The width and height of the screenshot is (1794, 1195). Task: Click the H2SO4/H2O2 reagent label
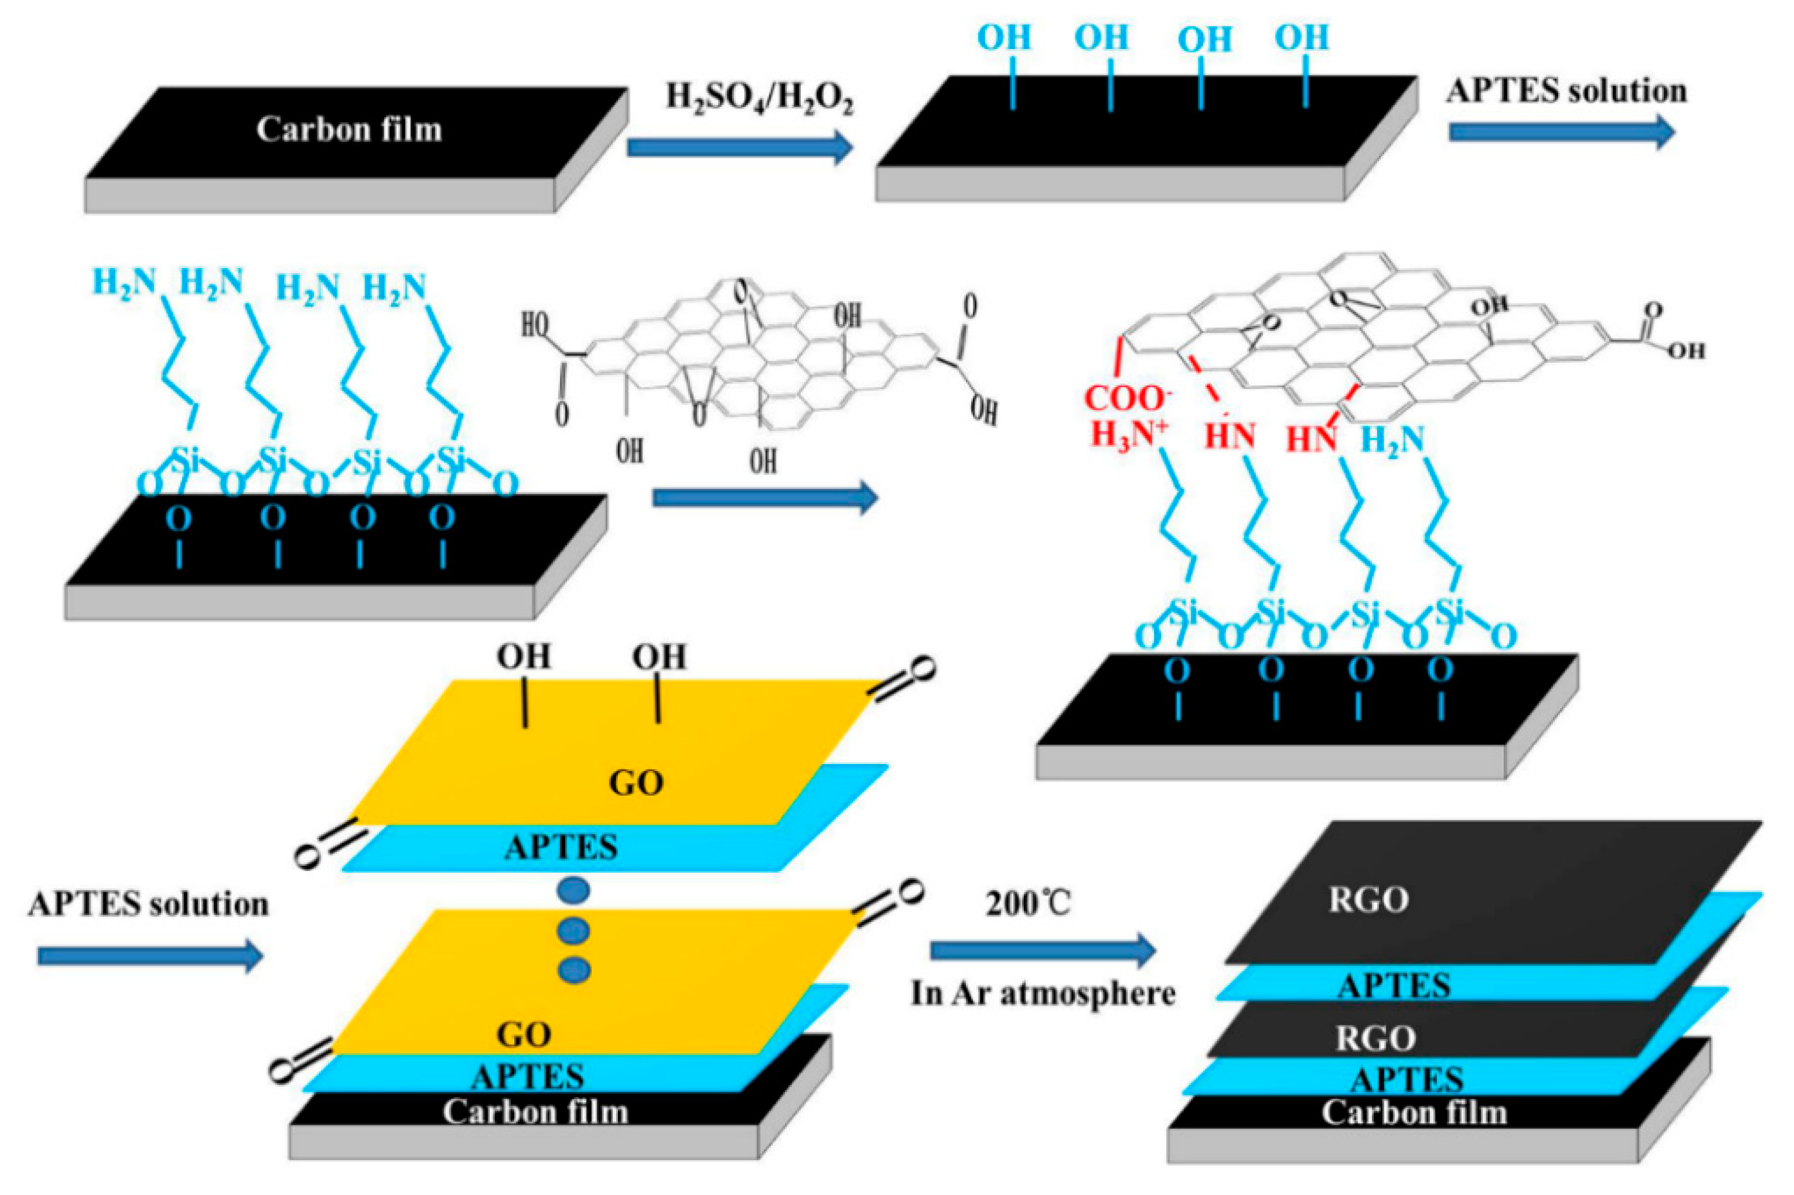(x=759, y=100)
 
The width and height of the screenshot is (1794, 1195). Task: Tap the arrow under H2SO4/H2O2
(x=738, y=147)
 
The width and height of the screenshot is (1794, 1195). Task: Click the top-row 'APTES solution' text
(x=1566, y=91)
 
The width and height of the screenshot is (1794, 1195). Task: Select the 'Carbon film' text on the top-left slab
(x=349, y=129)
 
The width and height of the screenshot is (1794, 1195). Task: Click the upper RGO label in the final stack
(x=1369, y=900)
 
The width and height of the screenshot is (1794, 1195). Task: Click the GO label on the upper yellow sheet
(x=637, y=783)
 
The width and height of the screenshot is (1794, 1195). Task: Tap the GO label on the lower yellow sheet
(x=525, y=1035)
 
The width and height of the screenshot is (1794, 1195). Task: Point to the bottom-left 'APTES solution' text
(x=149, y=904)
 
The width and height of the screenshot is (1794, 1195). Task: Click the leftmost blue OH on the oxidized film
(x=1004, y=37)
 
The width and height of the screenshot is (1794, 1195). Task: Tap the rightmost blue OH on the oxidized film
(x=1302, y=37)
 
